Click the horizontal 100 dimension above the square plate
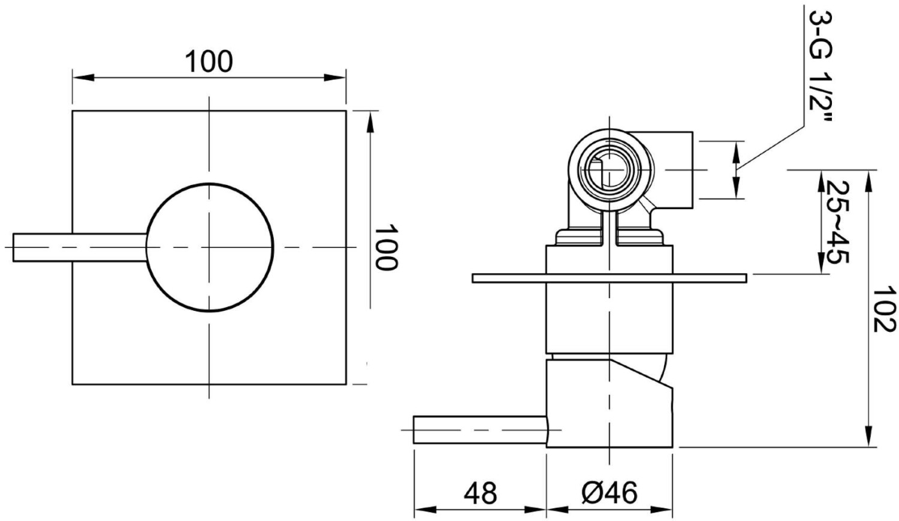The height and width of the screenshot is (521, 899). [209, 61]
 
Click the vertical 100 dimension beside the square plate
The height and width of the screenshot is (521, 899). [385, 247]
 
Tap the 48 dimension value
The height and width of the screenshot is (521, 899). [480, 493]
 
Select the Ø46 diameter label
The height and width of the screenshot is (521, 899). [610, 493]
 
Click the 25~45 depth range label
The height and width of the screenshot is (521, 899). [838, 222]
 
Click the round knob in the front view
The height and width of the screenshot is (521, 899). [210, 247]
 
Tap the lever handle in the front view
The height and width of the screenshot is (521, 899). [80, 247]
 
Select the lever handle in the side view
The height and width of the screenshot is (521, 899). [479, 430]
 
